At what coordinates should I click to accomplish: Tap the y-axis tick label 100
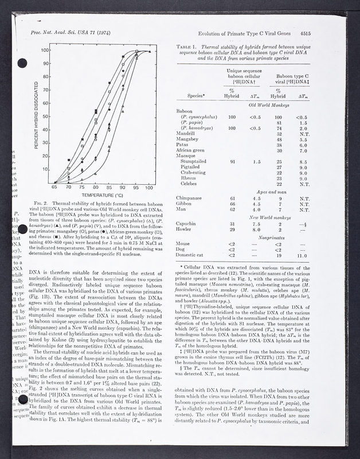(x=46, y=50)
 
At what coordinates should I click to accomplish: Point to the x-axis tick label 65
(x=55, y=188)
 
